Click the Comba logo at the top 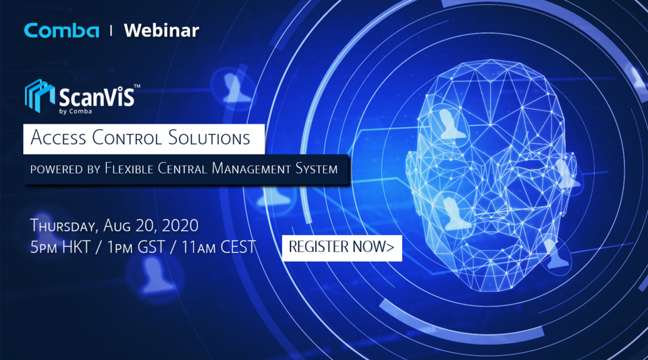tap(61, 30)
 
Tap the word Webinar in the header tap(161, 30)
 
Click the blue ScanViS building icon tap(39, 95)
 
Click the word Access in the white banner tap(59, 138)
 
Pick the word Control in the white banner tap(127, 138)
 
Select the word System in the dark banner tap(315, 168)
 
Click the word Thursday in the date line tap(65, 226)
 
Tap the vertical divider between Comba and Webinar tap(111, 30)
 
